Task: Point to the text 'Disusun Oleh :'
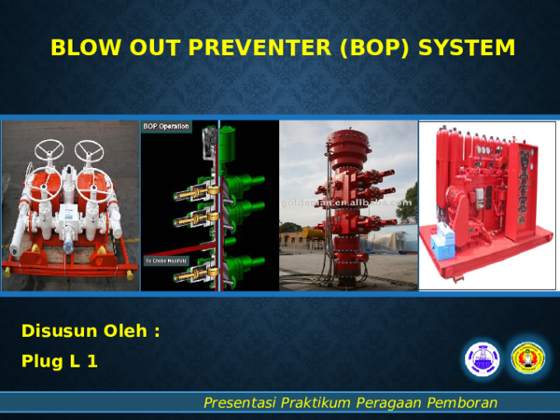(91, 331)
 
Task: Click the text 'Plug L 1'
(59, 361)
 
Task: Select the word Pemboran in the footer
(462, 402)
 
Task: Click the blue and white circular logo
(482, 359)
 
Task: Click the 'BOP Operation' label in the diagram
(166, 126)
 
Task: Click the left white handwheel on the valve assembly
(49, 151)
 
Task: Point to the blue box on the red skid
(442, 245)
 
